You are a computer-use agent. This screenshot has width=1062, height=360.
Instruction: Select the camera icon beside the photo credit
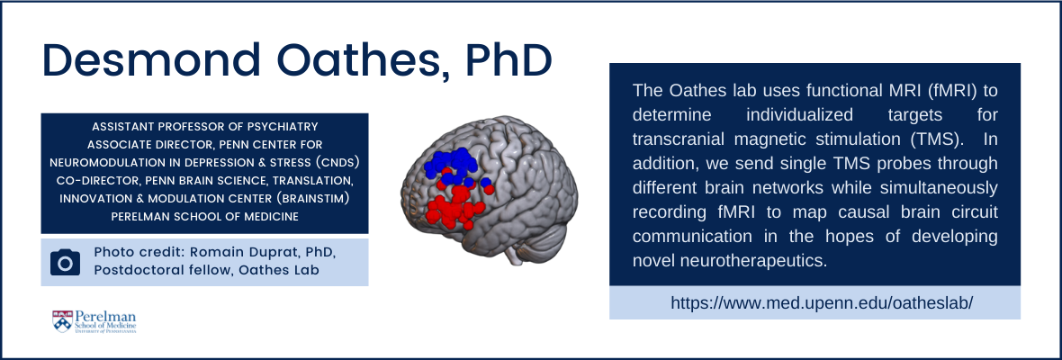65,263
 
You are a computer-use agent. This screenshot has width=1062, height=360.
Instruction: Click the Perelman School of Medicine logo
94,321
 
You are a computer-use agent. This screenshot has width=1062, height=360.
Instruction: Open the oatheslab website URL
814,302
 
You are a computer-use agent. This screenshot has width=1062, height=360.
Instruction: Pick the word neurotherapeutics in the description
729,260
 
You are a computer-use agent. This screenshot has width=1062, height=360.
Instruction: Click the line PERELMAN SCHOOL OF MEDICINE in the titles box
204,217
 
